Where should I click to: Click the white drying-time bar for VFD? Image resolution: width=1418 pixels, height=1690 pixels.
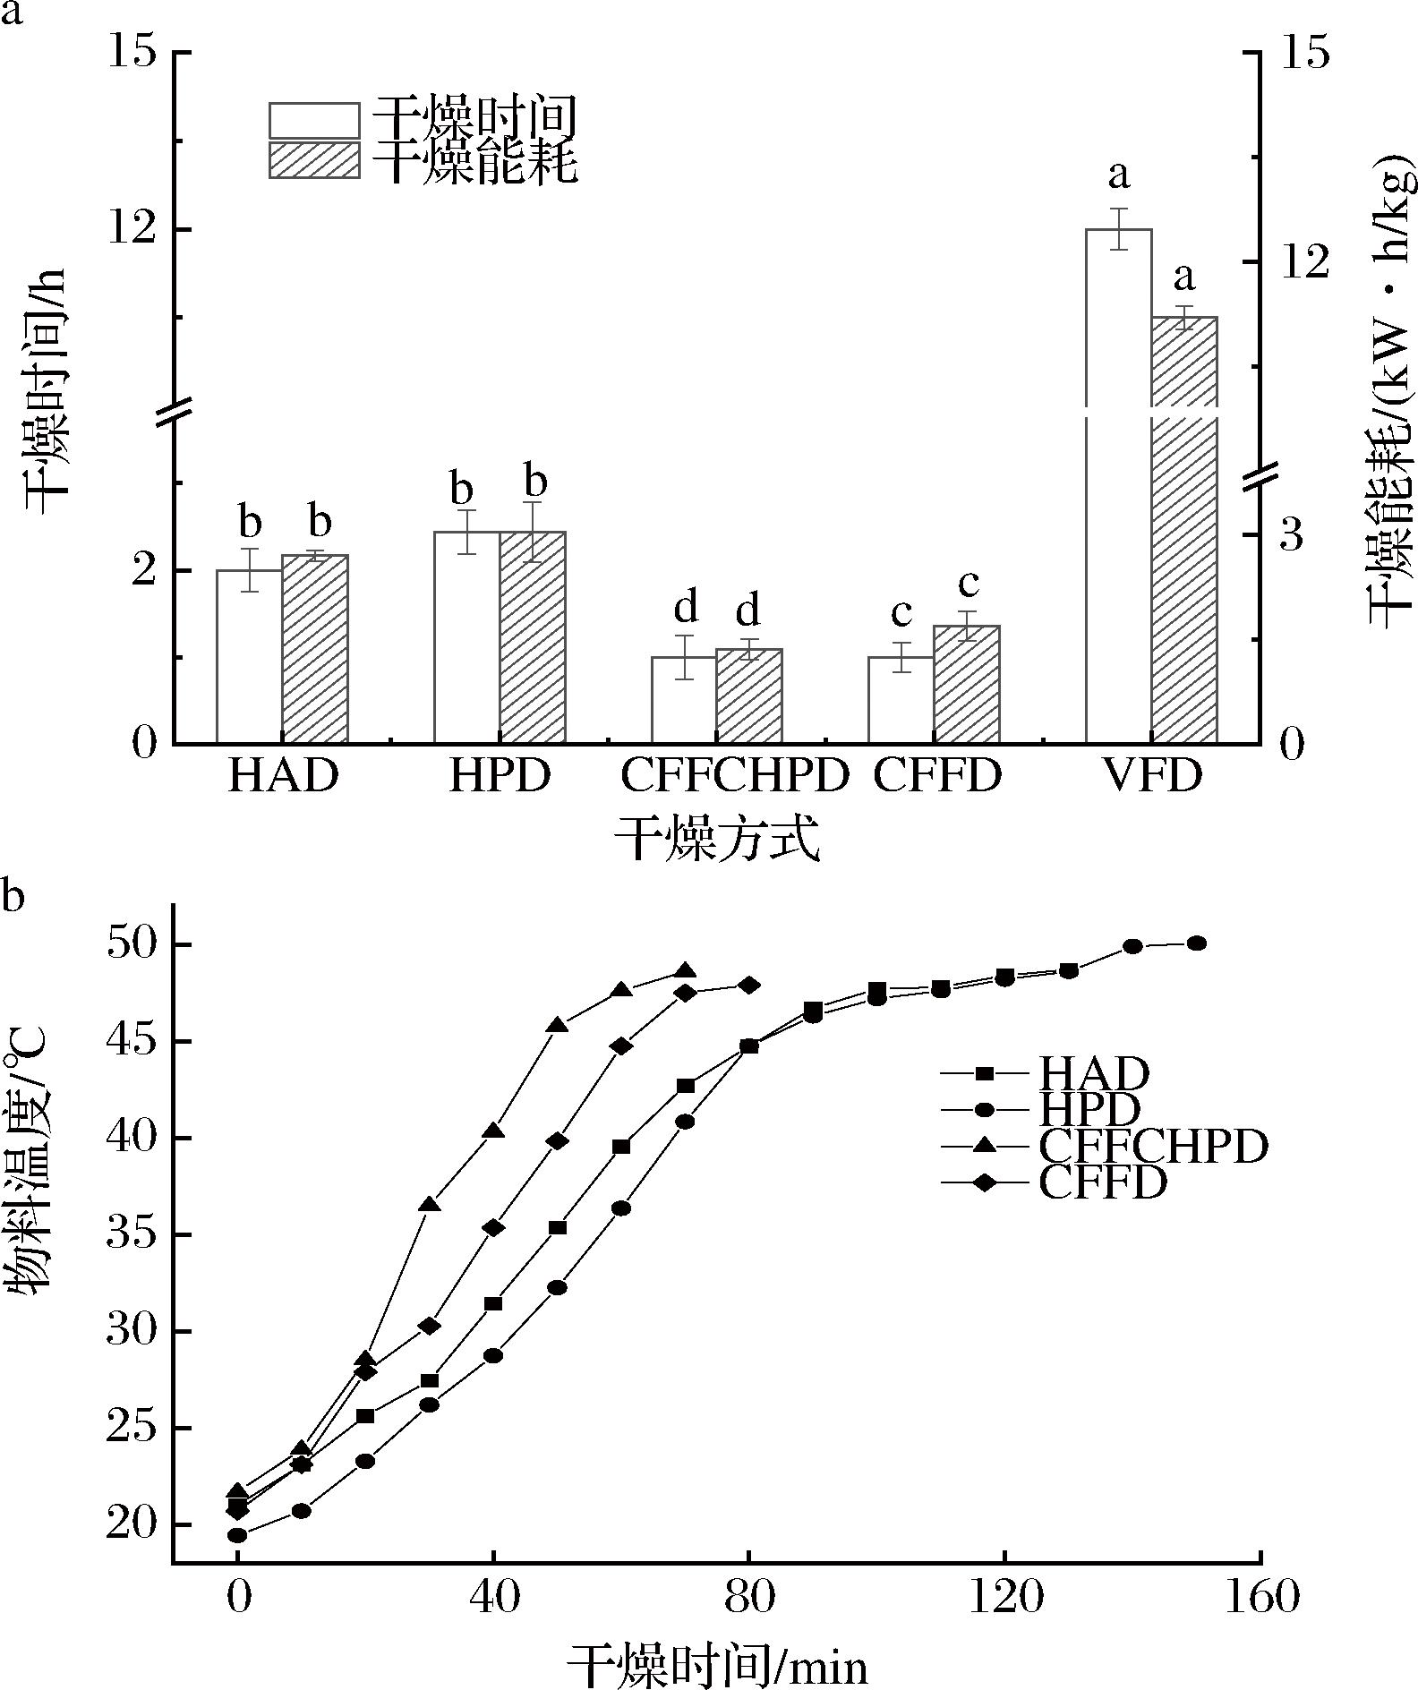coord(1118,537)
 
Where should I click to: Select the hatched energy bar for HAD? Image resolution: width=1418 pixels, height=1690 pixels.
coord(315,649)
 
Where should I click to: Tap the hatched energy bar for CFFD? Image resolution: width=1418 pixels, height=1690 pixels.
coord(967,684)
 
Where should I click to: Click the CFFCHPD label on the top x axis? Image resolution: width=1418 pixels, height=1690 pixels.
coord(734,776)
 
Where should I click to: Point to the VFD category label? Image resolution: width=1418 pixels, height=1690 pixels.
coord(1151,776)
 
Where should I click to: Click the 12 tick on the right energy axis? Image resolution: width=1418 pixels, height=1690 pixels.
coord(1303,261)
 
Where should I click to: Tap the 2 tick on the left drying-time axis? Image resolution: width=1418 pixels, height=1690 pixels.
coord(147,570)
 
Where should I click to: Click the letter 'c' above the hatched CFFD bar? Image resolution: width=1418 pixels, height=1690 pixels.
coord(968,585)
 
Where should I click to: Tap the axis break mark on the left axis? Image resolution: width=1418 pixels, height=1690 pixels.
coord(174,413)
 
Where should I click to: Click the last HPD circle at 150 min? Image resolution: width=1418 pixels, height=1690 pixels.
coord(1197,943)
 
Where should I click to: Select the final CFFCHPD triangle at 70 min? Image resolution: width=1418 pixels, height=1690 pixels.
coord(686,972)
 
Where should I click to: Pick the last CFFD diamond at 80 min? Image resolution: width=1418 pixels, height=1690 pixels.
coord(749,986)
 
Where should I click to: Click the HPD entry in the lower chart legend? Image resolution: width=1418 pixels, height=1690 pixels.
coord(1089,1110)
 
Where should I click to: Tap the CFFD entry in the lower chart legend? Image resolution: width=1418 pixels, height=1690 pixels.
coord(1103,1183)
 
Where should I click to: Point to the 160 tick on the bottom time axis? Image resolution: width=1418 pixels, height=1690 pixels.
coord(1260,1595)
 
